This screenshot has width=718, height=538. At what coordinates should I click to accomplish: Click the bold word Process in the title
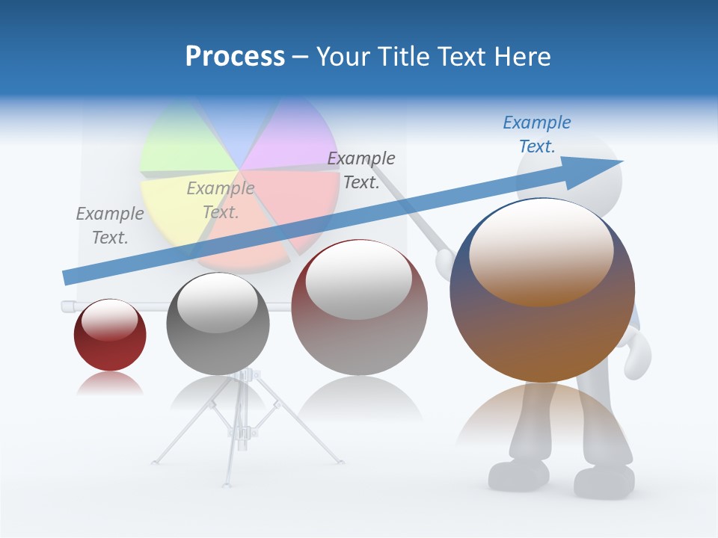coord(235,57)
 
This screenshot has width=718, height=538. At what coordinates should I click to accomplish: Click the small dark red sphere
coord(110,335)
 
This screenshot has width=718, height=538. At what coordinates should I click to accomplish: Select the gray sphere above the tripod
coord(218,324)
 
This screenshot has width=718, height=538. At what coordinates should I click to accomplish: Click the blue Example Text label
coord(537,134)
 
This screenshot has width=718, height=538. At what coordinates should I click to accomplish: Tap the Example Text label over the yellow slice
coord(221,200)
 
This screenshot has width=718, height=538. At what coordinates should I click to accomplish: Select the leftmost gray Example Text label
coord(110,225)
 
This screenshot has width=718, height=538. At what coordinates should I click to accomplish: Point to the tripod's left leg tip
coord(155,462)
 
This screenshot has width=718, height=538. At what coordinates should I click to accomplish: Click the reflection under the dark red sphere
coord(110,384)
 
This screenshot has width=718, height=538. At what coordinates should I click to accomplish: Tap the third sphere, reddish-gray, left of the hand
coord(360,307)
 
